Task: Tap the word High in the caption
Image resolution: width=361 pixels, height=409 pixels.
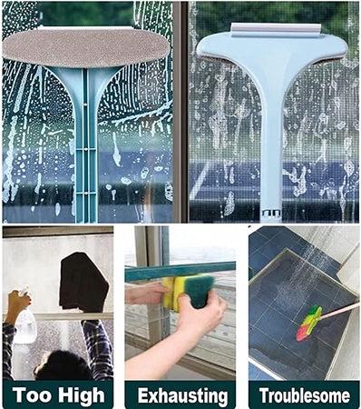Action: pyautogui.click(x=82, y=395)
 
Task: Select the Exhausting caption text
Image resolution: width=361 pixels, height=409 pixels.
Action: pyautogui.click(x=182, y=396)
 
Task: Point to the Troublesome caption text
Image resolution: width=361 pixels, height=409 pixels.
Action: pyautogui.click(x=305, y=395)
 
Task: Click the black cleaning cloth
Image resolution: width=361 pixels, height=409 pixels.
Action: pyautogui.click(x=83, y=282)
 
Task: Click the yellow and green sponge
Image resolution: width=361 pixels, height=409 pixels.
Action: pyautogui.click(x=188, y=292)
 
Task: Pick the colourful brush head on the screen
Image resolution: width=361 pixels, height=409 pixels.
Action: pyautogui.click(x=309, y=323)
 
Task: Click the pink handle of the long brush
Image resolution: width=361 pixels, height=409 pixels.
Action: pyautogui.click(x=340, y=311)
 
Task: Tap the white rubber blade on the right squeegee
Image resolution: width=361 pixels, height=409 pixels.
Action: pyautogui.click(x=276, y=29)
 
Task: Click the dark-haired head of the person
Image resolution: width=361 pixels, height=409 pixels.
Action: pyautogui.click(x=63, y=365)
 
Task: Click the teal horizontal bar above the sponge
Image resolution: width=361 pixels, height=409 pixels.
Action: pyautogui.click(x=180, y=271)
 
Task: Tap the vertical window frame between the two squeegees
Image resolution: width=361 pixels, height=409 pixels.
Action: pyautogui.click(x=180, y=112)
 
